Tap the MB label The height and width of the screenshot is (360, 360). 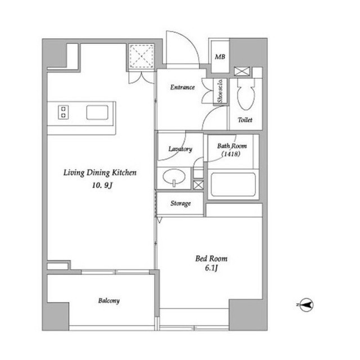click(x=220, y=57)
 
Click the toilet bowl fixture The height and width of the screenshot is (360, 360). click(x=246, y=94)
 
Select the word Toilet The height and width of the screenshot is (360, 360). click(x=245, y=120)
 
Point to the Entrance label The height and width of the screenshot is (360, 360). click(x=182, y=87)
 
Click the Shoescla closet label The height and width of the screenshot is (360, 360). click(x=220, y=91)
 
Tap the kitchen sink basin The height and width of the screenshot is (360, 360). click(x=97, y=112)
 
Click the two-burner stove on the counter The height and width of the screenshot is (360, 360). click(x=64, y=112)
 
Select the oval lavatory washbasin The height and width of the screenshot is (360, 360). click(x=174, y=177)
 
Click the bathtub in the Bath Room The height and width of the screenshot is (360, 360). click(x=233, y=184)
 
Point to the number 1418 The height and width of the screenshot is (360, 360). click(x=231, y=154)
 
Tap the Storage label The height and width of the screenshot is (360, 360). click(x=181, y=204)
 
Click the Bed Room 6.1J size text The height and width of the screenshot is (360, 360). click(x=211, y=268)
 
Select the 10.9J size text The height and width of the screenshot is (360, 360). click(x=102, y=185)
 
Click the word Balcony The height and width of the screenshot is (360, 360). click(x=109, y=301)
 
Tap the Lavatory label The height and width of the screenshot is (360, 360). click(x=180, y=149)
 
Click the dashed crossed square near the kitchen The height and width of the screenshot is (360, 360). click(x=141, y=56)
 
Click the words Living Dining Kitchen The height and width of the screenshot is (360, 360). click(x=100, y=173)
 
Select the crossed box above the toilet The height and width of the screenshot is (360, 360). click(x=242, y=71)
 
